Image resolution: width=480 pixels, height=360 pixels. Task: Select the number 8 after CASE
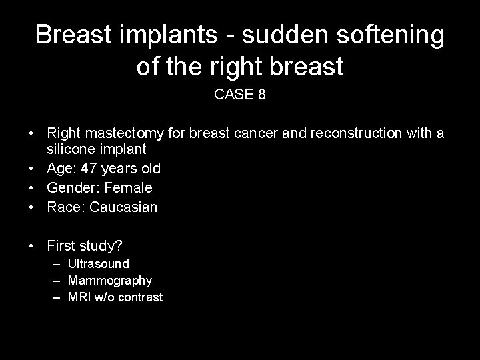261,95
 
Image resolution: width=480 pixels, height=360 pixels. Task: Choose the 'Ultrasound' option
99,264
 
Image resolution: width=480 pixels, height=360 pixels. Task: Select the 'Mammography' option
110,281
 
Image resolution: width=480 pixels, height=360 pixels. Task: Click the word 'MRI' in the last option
80,297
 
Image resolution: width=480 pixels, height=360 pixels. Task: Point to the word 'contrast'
141,297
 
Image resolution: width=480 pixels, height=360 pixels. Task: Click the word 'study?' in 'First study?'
99,246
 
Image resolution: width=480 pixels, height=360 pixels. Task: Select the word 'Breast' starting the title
73,35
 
